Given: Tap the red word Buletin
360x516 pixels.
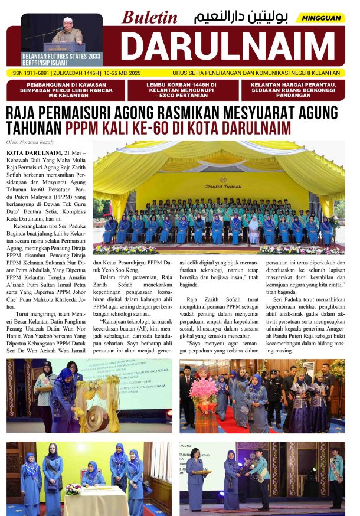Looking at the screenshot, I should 149,18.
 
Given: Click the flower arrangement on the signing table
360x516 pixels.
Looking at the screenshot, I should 73,488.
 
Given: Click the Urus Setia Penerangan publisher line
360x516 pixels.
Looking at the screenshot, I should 256,73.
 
